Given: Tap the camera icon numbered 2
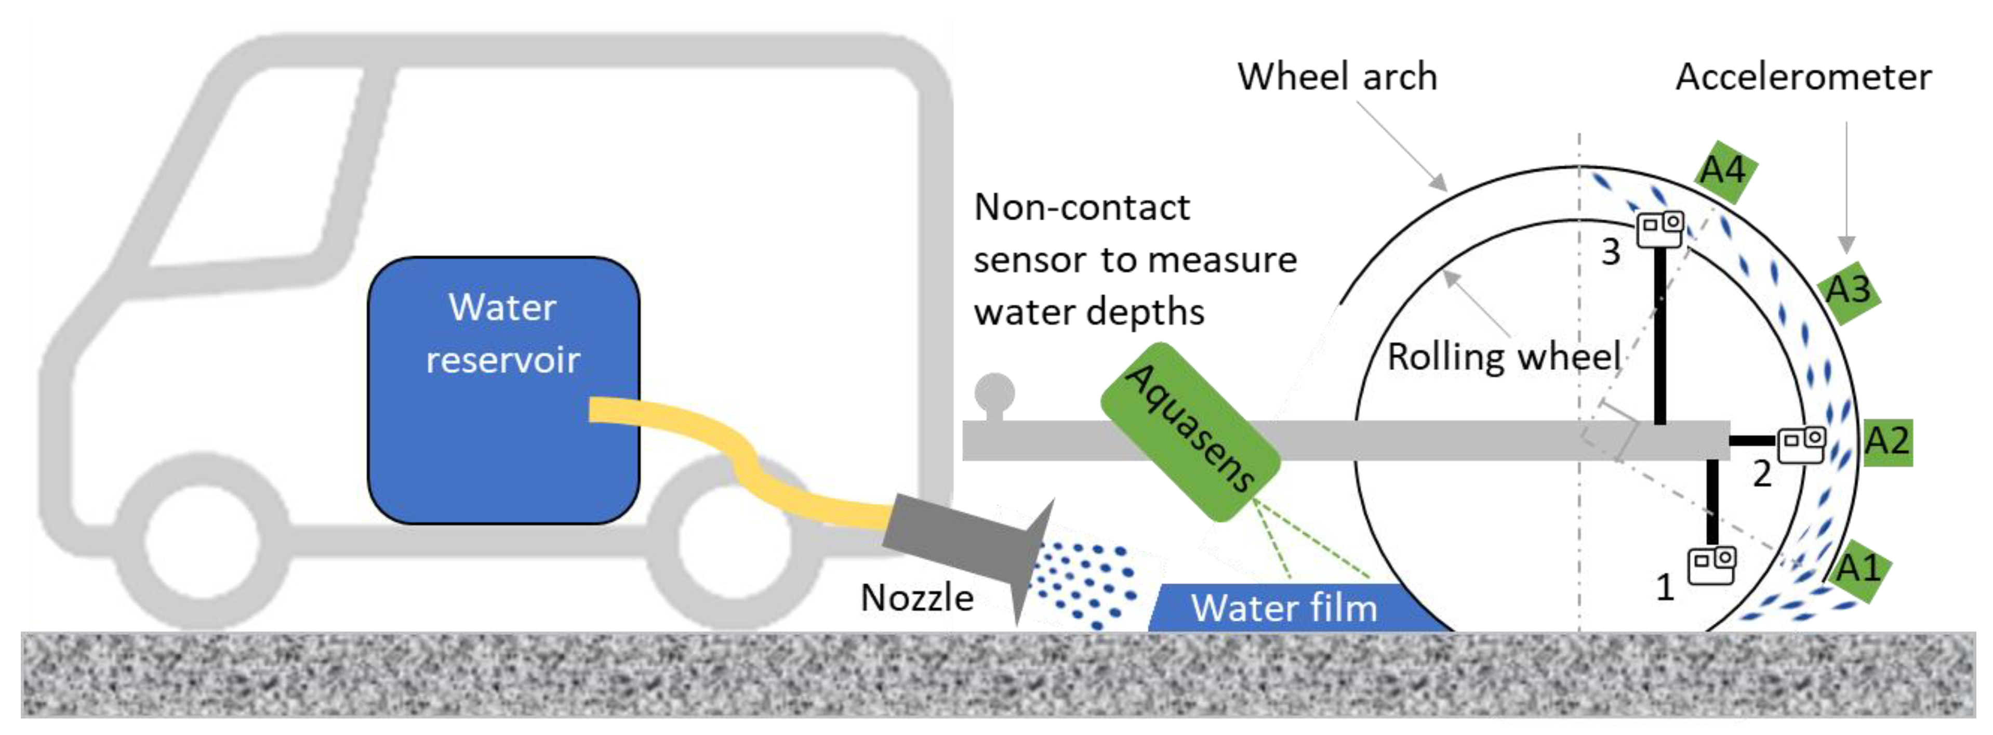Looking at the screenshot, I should pos(1801,445).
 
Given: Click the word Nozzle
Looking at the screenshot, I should pos(917,597).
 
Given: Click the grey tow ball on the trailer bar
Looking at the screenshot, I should pos(994,393).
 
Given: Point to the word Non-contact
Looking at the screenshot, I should pos(1082,207).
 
